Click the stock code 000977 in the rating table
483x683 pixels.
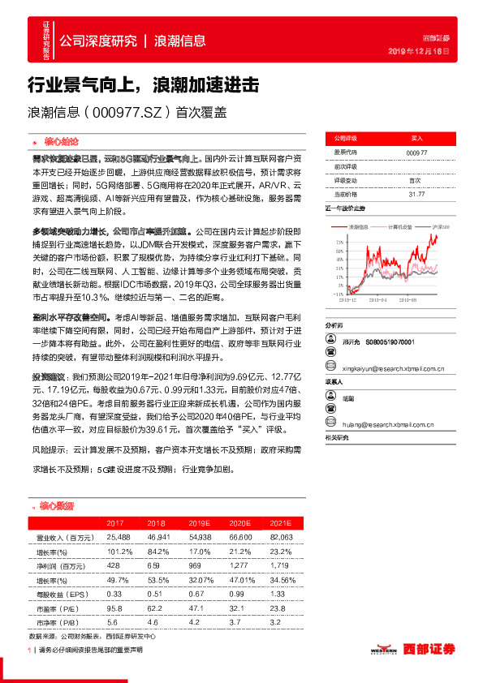coord(416,152)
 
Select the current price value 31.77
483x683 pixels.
coord(416,195)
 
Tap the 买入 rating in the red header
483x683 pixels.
coord(416,139)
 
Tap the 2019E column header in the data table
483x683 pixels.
coord(196,524)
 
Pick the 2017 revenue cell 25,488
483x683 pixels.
coord(119,537)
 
